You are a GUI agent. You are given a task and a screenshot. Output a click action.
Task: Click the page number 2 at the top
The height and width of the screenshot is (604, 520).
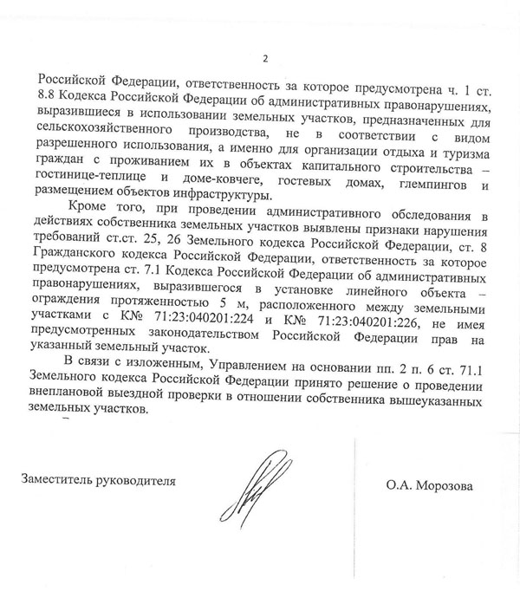point(265,59)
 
